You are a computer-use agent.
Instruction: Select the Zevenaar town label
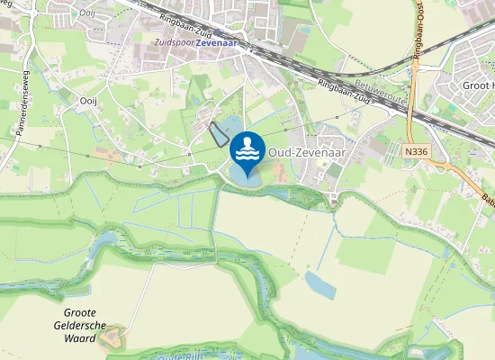221,42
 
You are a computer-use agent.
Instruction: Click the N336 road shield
416,153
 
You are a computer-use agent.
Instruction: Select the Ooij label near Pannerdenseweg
88,102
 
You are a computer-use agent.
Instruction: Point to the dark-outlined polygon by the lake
218,134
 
